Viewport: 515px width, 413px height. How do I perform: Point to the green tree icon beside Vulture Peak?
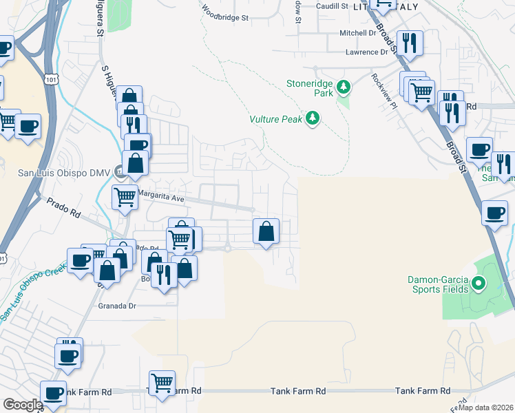313,118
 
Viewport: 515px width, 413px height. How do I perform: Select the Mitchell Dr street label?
358,32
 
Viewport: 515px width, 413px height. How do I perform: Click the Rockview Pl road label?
384,92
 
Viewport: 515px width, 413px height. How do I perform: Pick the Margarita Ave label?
162,195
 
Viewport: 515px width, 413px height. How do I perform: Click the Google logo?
23,405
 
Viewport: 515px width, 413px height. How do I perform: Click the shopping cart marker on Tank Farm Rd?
162,382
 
